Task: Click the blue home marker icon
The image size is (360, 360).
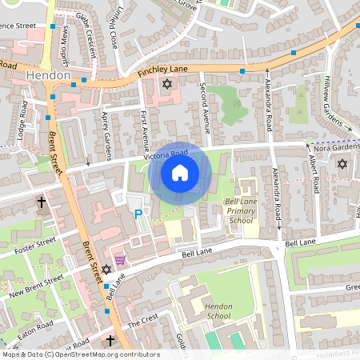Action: tap(180, 173)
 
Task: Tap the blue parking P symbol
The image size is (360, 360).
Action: tap(138, 214)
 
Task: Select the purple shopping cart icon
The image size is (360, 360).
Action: tap(120, 260)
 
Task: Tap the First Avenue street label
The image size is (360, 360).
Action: tap(146, 127)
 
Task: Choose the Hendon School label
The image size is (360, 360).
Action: tap(218, 311)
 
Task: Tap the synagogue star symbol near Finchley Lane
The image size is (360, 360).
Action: tap(167, 84)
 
